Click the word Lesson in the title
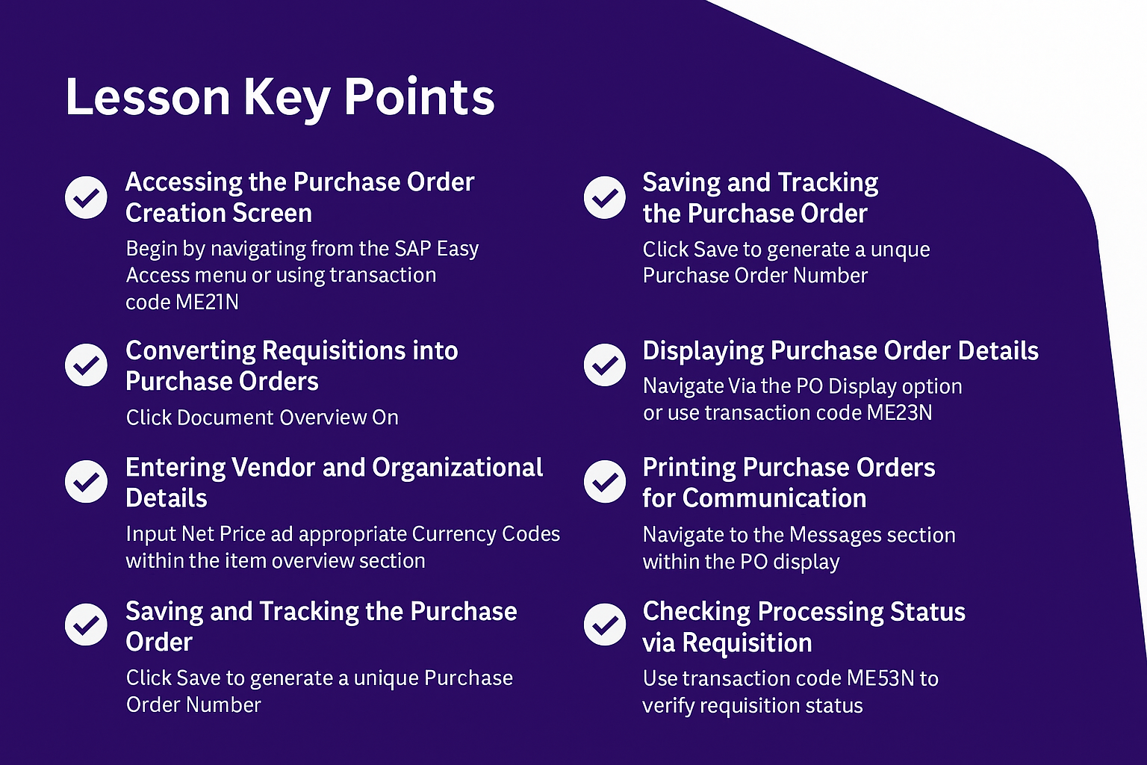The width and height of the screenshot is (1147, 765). point(148,96)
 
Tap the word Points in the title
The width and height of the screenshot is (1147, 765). point(420,96)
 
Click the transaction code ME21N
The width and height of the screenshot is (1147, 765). point(207,302)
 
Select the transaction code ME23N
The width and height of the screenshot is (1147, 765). point(900,412)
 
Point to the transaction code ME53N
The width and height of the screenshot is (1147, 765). point(880,678)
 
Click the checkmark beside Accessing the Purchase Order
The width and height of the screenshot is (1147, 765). point(86,197)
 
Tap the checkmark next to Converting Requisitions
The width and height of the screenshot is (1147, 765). point(86,365)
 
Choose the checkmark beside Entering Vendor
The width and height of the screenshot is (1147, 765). point(86,481)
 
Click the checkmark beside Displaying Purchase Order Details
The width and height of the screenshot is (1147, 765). point(605,365)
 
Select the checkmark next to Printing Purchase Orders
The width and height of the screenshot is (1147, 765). point(605,481)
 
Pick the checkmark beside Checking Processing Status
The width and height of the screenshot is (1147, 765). point(605,624)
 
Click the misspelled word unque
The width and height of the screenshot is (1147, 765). point(901,250)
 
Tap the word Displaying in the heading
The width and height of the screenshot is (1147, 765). point(703,353)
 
